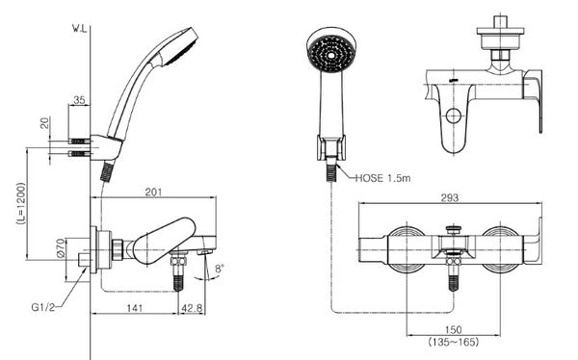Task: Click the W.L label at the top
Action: pyautogui.click(x=80, y=29)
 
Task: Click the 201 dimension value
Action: pyautogui.click(x=153, y=192)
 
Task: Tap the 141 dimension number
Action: pyautogui.click(x=135, y=308)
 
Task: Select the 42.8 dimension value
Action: pyautogui.click(x=192, y=308)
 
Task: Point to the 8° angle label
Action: pyautogui.click(x=220, y=269)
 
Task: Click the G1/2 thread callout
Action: pyautogui.click(x=43, y=307)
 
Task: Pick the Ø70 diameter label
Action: pyautogui.click(x=61, y=247)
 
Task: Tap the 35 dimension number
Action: pyautogui.click(x=79, y=100)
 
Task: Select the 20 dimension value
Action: pyautogui.click(x=44, y=123)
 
